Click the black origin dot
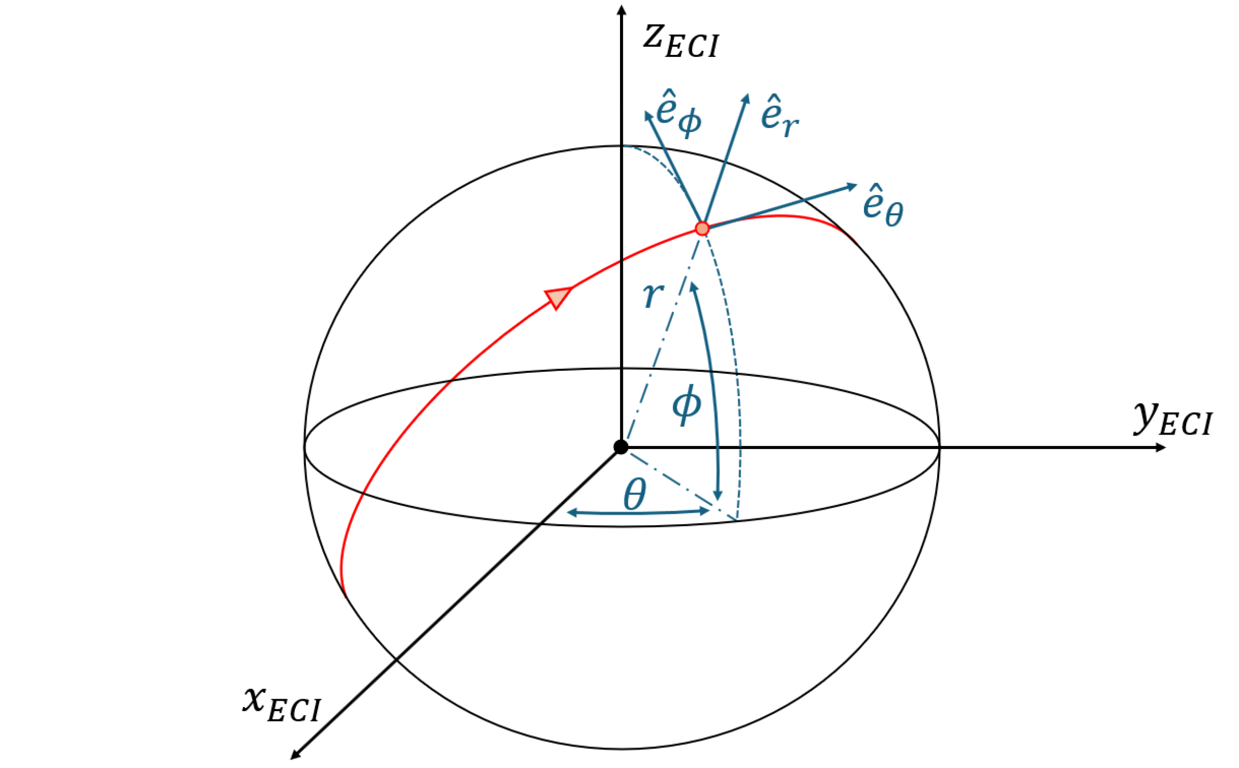(621, 447)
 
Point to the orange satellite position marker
(702, 228)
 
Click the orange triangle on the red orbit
(557, 297)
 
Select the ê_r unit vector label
(779, 116)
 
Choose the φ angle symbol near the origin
(687, 405)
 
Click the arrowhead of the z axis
(622, 9)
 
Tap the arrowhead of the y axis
(1160, 447)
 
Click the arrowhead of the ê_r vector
(746, 98)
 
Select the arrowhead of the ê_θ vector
(852, 186)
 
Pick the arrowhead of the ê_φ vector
(647, 114)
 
